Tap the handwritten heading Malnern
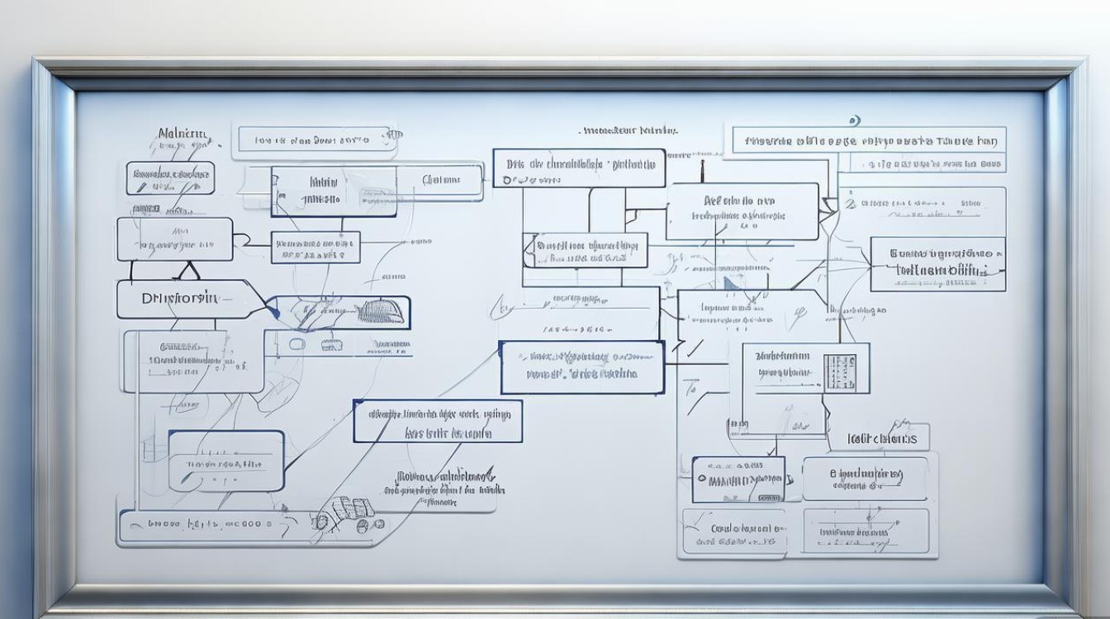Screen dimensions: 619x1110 [183, 133]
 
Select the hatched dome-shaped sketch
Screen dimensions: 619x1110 [383, 312]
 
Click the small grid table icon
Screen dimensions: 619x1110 [840, 372]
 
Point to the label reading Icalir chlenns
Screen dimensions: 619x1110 [883, 438]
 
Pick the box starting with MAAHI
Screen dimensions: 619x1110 [738, 479]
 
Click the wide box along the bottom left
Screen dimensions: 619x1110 [206, 523]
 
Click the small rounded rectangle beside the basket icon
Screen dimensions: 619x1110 [296, 343]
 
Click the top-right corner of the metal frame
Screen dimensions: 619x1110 [1081, 63]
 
